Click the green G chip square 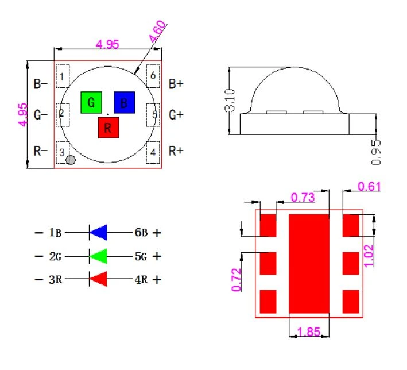click(x=91, y=102)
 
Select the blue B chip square click(x=125, y=102)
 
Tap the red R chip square click(x=108, y=128)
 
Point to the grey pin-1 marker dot click(x=71, y=160)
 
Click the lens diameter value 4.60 click(x=157, y=32)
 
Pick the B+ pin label click(x=176, y=84)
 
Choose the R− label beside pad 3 click(x=41, y=151)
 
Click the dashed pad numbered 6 click(x=153, y=76)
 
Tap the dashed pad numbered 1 click(x=63, y=76)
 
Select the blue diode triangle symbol click(x=98, y=232)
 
